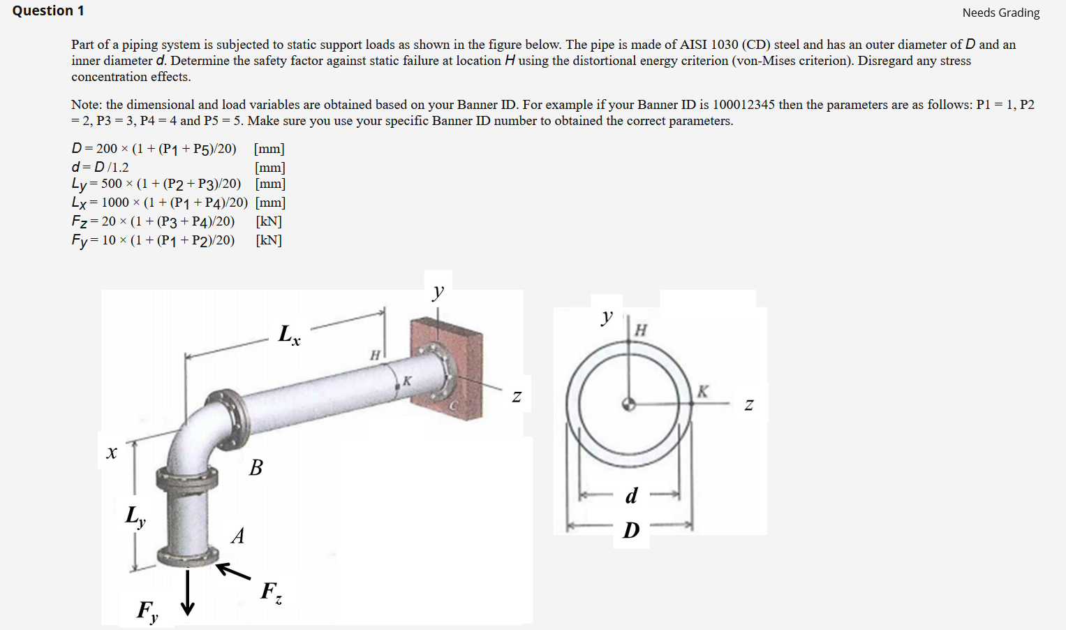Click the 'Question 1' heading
[48, 10]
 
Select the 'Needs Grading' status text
[1000, 13]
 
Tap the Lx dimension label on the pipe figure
[289, 335]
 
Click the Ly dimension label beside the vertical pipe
[135, 517]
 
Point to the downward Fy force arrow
[187, 593]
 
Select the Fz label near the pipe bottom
[271, 592]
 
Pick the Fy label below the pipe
[147, 611]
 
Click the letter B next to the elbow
[256, 467]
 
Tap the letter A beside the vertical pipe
[238, 536]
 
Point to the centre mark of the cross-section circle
[629, 404]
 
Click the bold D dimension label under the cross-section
[631, 530]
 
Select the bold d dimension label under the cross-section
[631, 496]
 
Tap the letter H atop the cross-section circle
[640, 330]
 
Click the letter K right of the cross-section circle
[702, 392]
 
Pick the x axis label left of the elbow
[111, 453]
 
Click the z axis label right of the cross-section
[748, 405]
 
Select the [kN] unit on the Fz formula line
[269, 221]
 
